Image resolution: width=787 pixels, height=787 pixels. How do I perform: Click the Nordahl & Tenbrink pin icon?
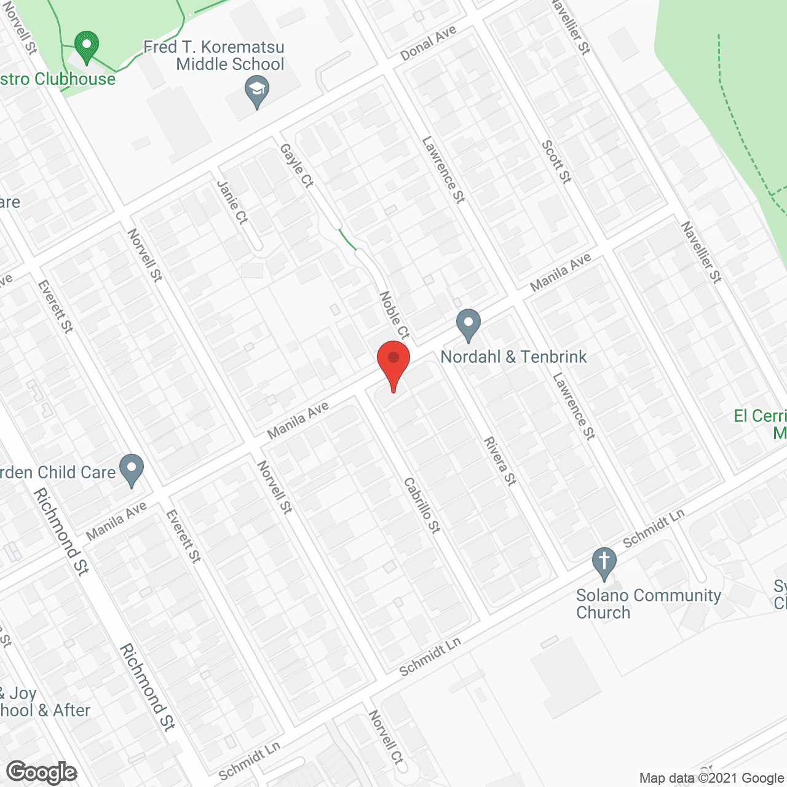[469, 323]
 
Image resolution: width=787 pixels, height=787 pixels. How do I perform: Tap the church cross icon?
[604, 562]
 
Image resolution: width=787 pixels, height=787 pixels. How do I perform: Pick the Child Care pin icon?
[131, 469]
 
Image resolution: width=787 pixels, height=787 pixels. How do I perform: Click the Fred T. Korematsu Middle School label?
[215, 56]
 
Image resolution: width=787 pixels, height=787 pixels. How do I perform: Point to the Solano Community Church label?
[648, 604]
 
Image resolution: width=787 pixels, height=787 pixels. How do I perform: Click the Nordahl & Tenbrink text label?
[513, 357]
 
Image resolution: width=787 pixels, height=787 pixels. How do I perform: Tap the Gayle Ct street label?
[297, 165]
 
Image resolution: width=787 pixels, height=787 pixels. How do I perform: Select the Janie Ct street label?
[232, 202]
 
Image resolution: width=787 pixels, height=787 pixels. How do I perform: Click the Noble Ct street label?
[394, 315]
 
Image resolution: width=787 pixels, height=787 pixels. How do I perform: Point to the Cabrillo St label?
[422, 505]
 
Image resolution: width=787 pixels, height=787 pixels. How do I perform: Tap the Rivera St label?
[500, 461]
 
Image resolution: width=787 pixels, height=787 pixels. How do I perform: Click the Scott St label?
[556, 162]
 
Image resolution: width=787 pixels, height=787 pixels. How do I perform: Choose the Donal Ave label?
[429, 43]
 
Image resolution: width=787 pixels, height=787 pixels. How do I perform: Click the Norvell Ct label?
[386, 737]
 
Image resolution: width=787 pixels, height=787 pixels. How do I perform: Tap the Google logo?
[42, 772]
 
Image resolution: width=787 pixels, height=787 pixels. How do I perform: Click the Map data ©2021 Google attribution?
[711, 778]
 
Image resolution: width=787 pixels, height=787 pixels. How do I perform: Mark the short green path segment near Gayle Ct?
[347, 239]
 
